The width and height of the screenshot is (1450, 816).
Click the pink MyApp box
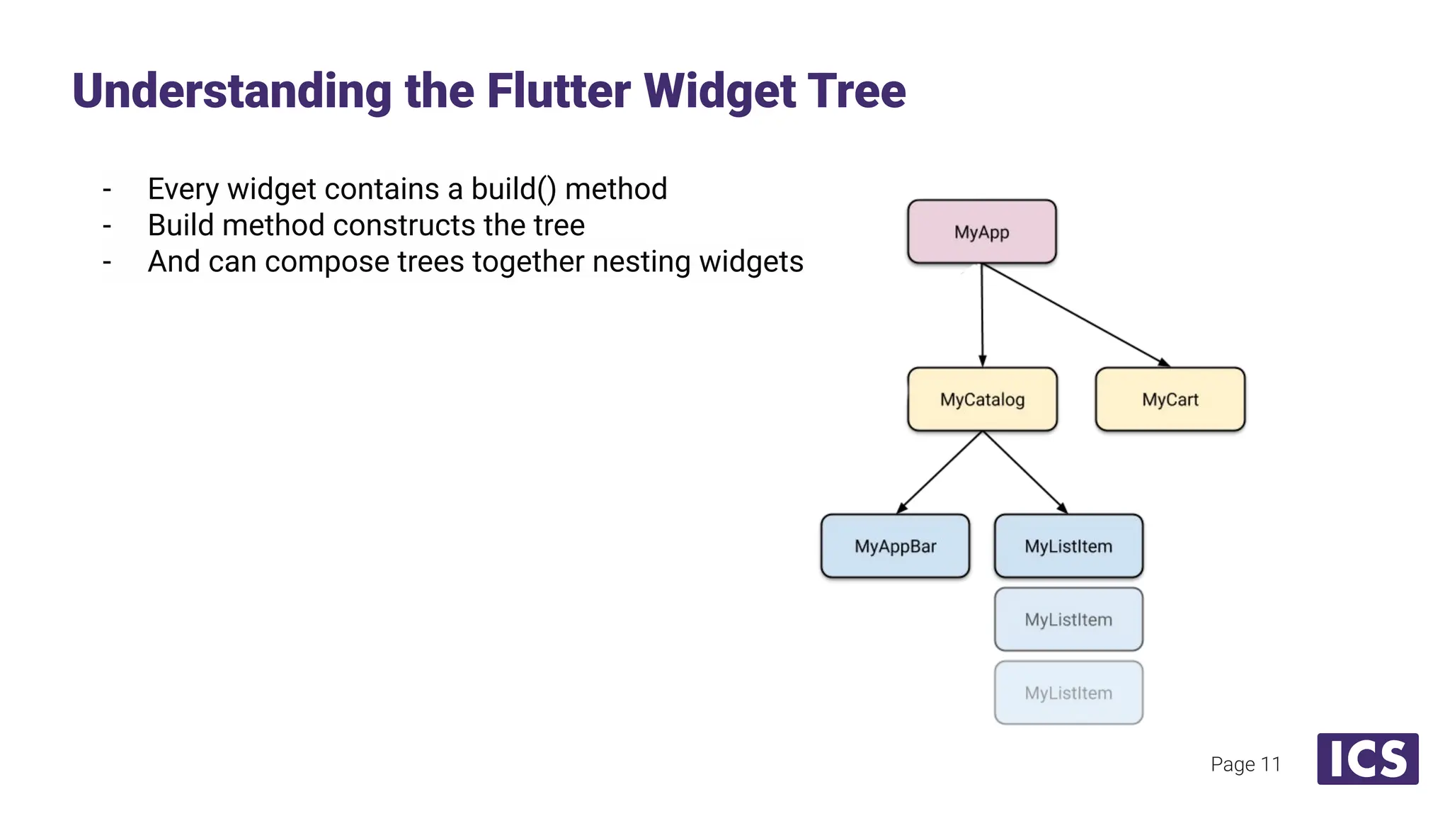(981, 232)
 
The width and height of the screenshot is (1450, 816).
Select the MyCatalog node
(982, 399)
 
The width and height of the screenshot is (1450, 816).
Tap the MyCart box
(1170, 399)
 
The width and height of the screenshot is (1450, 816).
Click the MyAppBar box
(895, 546)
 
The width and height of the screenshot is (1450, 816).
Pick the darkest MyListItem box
(1068, 546)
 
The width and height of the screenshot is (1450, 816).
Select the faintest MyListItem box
(1068, 693)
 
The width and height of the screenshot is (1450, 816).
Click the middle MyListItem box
(1068, 619)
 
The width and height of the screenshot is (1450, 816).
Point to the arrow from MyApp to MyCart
(1075, 315)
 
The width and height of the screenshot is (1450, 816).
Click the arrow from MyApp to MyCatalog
(982, 315)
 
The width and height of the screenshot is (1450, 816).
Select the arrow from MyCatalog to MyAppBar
(940, 472)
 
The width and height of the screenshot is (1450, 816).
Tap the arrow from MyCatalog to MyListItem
(1025, 472)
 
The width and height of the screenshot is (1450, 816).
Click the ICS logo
(1367, 759)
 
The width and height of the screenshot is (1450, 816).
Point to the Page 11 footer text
(1245, 764)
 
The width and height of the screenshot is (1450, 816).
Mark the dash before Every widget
(107, 190)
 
